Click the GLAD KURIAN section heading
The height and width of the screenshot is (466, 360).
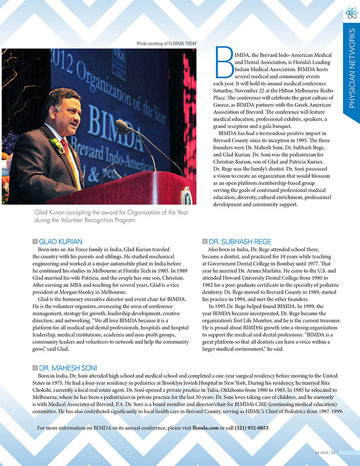point(61,240)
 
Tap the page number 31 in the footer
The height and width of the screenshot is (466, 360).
point(334,452)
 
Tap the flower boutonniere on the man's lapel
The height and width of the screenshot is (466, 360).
point(55,145)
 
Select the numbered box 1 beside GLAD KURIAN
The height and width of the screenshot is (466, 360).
point(34,240)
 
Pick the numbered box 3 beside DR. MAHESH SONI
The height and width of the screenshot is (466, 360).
point(34,368)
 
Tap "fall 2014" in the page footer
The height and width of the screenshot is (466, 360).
point(321,452)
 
